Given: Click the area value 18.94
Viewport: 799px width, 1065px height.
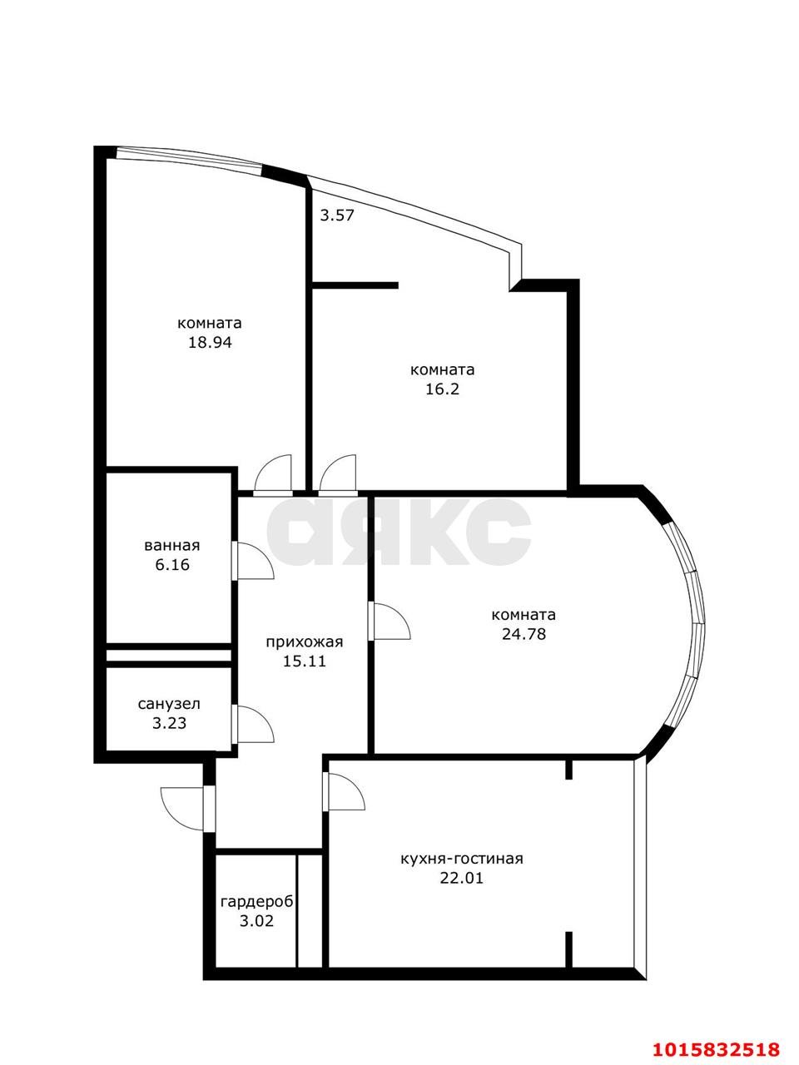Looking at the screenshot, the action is tap(210, 343).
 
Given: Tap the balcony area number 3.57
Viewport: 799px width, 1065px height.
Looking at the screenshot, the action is tap(337, 215).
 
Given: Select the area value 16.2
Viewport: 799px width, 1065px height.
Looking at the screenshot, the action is tap(442, 389).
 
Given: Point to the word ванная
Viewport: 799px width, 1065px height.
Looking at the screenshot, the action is tap(172, 545).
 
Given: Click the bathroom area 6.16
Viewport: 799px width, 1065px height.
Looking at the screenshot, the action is tap(172, 565).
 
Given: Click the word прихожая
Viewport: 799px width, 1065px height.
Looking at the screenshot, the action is tap(304, 642).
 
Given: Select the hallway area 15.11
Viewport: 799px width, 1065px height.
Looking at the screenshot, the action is tap(304, 661).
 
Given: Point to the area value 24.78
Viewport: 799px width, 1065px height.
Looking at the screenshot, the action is tap(524, 634).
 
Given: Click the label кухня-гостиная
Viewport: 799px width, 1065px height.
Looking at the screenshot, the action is tap(461, 859).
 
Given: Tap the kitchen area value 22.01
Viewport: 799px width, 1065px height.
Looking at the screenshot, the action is tap(461, 878).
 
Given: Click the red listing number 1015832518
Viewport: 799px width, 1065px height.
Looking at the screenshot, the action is tap(716, 1045).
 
